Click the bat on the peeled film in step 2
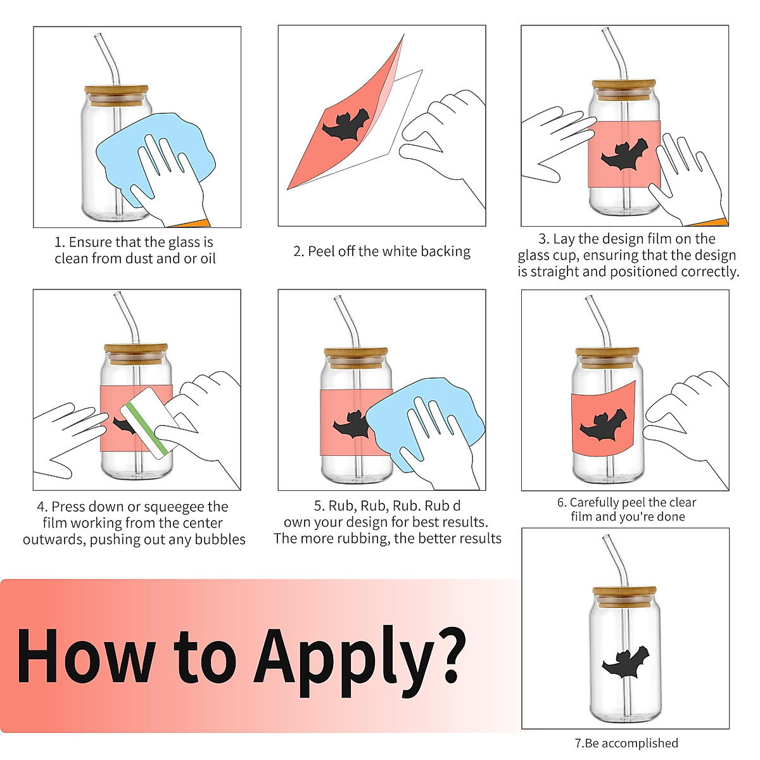click(x=346, y=125)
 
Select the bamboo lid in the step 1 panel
click(x=117, y=96)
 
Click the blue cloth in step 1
click(x=156, y=158)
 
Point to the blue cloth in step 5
click(x=425, y=424)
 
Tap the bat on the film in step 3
click(x=624, y=154)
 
